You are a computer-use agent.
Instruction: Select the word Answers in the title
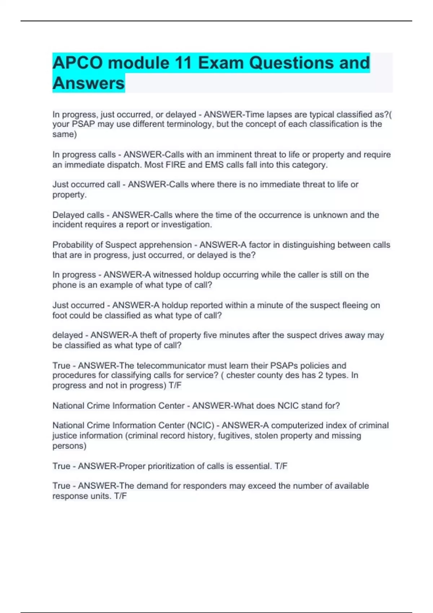[x=88, y=83]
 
